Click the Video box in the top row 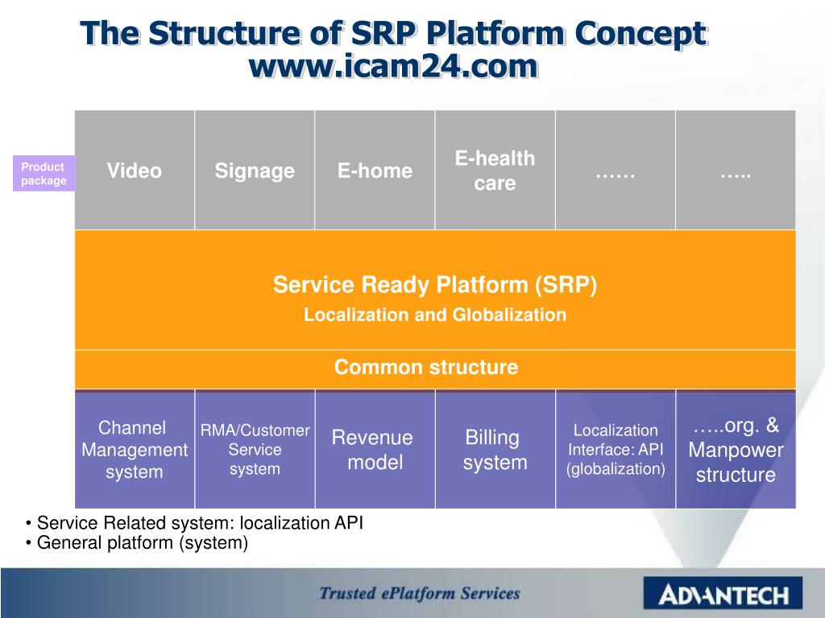135,171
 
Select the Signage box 255,171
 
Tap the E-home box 375,171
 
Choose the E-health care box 495,171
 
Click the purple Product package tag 44,174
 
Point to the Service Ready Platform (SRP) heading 435,285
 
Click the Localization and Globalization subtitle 435,315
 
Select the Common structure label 426,368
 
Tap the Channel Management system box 135,450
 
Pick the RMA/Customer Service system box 255,450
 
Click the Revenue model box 373,450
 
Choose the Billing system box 495,450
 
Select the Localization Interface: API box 616,450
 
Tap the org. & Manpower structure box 736,450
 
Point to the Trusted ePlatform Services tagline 420,594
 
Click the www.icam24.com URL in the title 392,66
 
